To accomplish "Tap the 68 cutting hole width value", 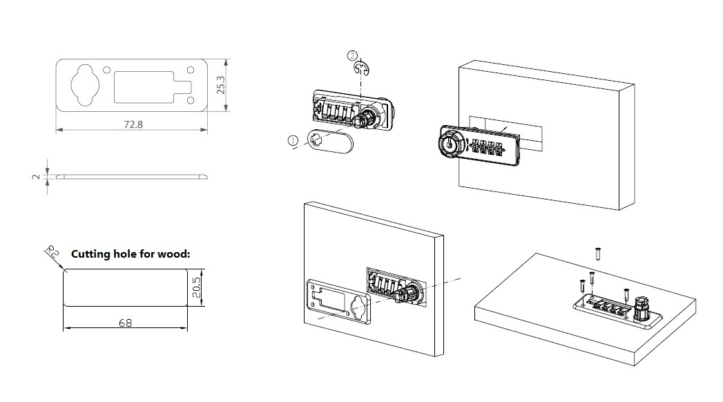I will point(125,323).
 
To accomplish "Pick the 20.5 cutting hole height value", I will point(196,287).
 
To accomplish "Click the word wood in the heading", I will point(172,254).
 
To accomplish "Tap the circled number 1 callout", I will point(293,141).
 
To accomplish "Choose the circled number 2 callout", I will point(353,55).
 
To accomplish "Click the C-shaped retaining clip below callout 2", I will point(361,67).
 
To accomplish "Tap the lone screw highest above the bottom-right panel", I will point(598,253).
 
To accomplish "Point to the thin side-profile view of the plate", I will point(131,176).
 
